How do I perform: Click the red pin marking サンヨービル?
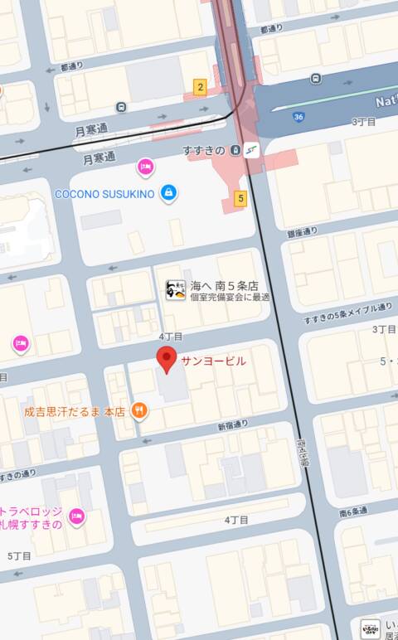[167, 361]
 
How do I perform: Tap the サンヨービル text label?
[213, 361]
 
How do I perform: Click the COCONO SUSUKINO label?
[104, 193]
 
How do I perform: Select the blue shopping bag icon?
[169, 192]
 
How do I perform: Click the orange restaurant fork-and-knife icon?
[139, 410]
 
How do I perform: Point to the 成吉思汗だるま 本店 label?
[74, 410]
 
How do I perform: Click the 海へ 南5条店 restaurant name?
[225, 284]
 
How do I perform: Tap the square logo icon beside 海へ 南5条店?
[175, 290]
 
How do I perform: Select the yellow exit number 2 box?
[200, 86]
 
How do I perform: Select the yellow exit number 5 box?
[240, 198]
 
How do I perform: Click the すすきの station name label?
[204, 150]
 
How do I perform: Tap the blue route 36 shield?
[298, 117]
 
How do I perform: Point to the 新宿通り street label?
[233, 425]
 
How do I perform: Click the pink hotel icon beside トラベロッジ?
[76, 516]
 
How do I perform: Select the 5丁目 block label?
[19, 555]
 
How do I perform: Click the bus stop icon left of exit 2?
[122, 106]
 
